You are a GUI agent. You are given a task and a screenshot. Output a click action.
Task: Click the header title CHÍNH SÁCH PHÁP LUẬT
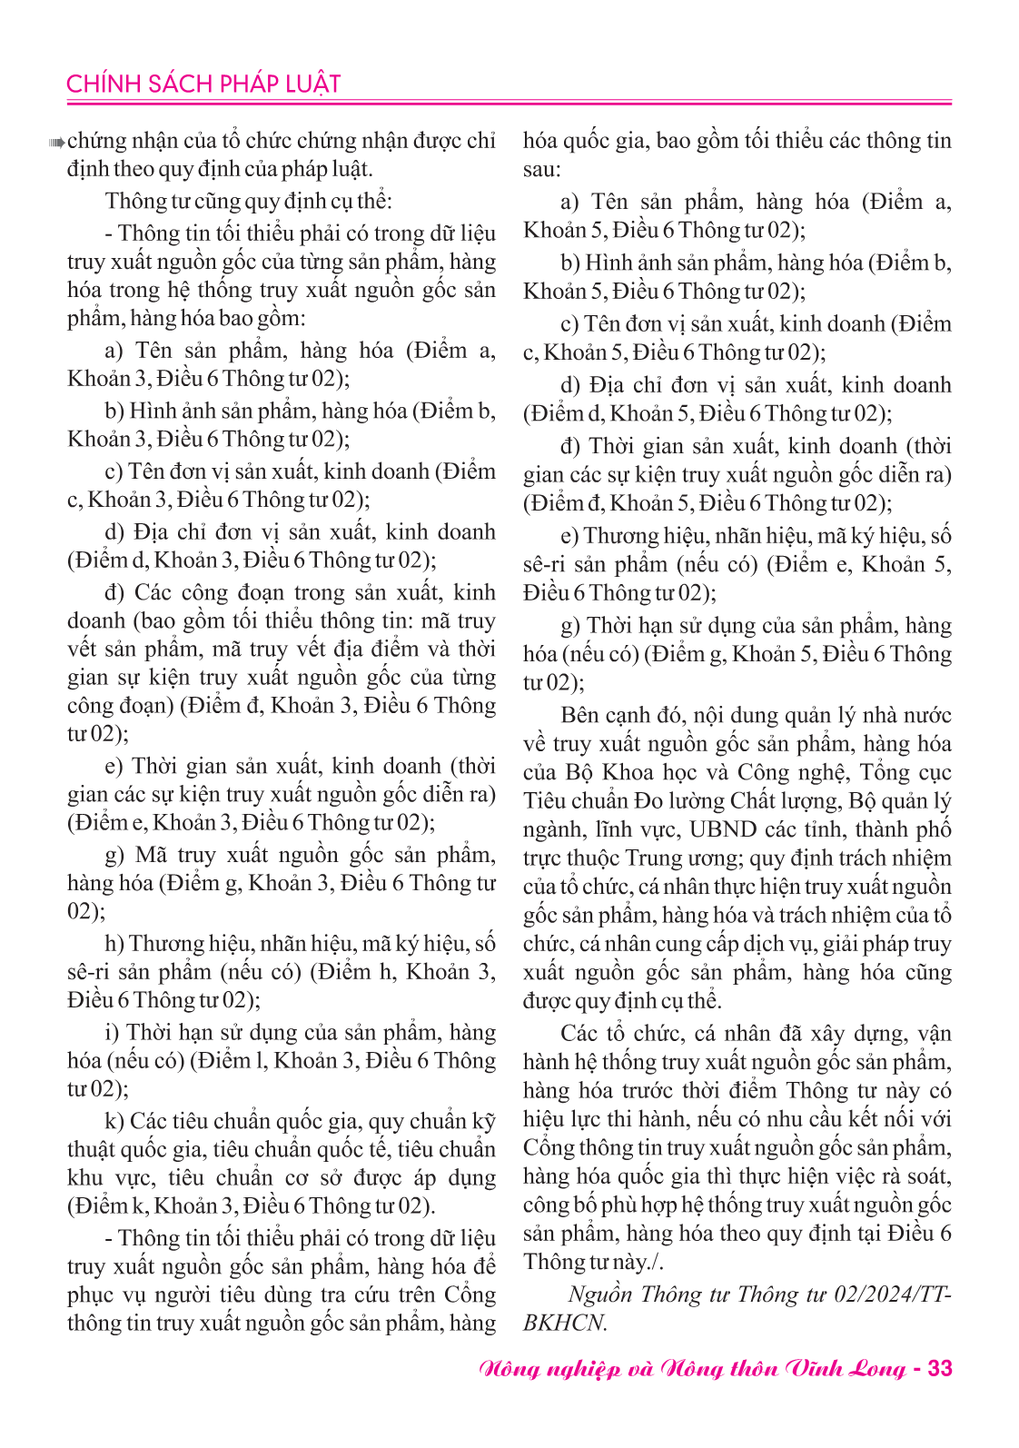point(203,84)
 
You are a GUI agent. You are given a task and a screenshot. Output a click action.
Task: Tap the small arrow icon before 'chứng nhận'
point(56,142)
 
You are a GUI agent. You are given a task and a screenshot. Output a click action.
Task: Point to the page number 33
point(939,1369)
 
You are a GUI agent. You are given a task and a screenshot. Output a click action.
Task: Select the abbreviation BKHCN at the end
point(564,1323)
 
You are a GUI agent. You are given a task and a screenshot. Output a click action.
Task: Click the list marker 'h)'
point(114,944)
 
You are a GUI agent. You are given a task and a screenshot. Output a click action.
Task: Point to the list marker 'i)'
point(113,1033)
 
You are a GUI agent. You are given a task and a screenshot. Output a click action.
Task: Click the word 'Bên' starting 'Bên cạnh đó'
point(580,715)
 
